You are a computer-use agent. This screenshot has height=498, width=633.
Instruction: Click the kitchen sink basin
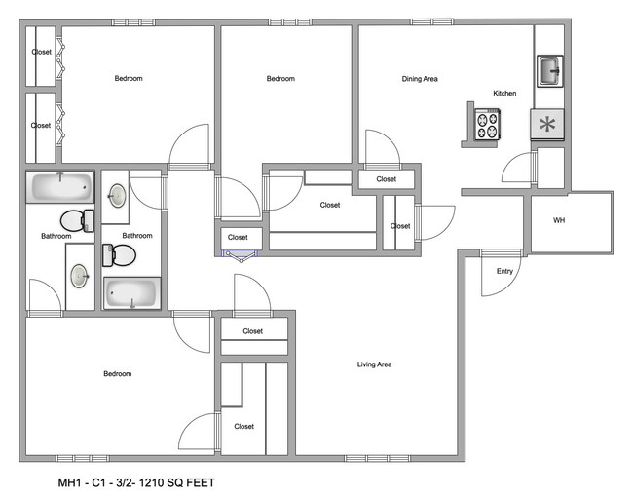[x=548, y=69]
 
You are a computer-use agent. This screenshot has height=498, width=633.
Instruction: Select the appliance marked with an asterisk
[x=548, y=124]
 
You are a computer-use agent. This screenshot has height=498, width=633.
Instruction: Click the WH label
[x=559, y=221]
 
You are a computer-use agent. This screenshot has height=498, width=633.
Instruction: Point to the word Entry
[x=504, y=271]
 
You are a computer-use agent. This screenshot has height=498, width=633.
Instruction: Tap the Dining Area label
[x=420, y=79]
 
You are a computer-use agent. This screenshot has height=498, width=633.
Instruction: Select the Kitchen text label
[x=504, y=94]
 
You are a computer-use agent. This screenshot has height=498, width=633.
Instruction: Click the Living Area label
[x=374, y=364]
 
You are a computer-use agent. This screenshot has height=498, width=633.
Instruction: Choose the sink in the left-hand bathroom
[x=79, y=277]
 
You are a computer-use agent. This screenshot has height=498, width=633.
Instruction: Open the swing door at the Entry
[x=499, y=276]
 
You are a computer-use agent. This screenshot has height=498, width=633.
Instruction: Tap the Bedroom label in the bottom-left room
[x=117, y=373]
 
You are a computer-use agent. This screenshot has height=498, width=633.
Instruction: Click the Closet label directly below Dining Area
[x=387, y=179]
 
